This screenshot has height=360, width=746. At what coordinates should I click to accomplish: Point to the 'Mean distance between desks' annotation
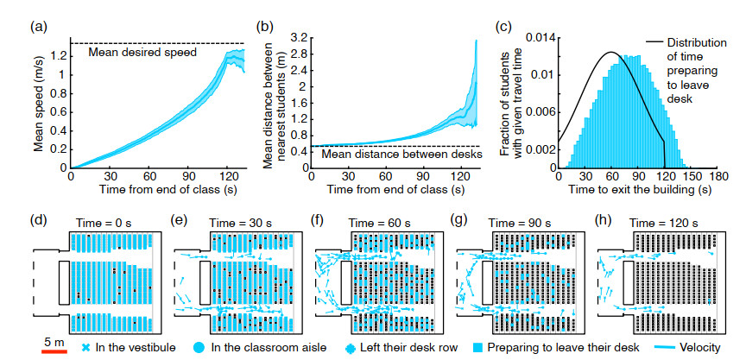click(388, 155)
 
